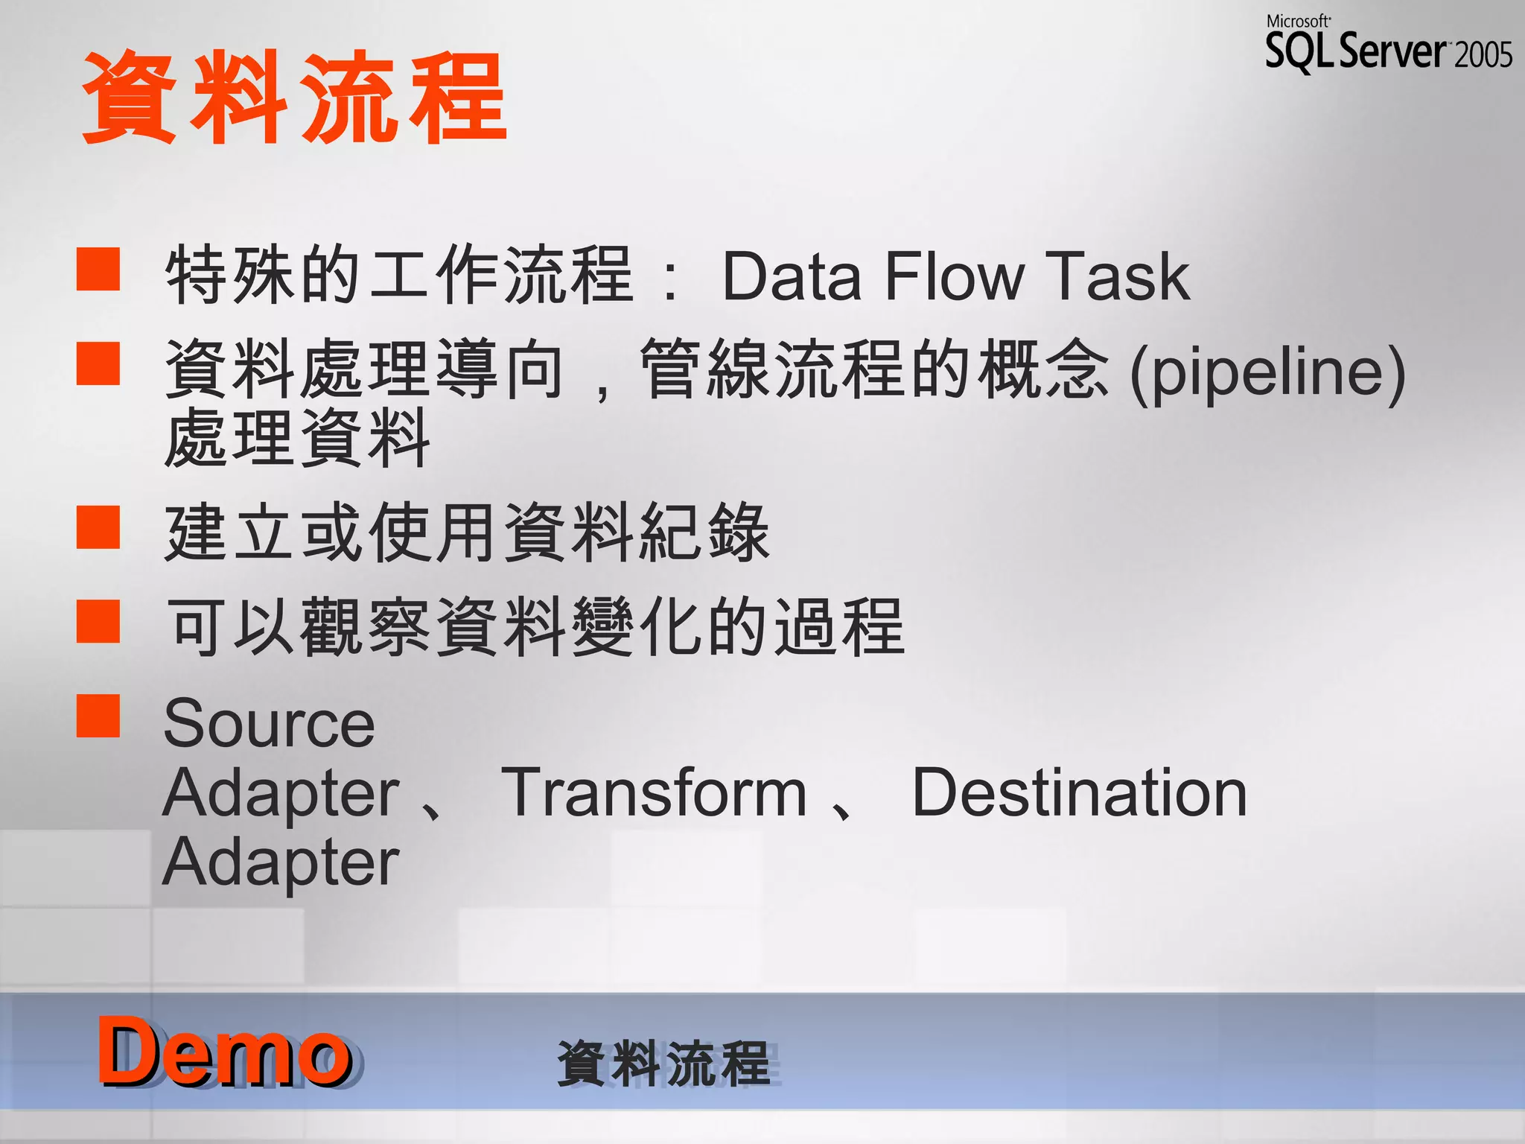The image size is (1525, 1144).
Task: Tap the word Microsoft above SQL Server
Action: [x=1298, y=22]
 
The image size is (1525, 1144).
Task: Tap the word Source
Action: [x=269, y=724]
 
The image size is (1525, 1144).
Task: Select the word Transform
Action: [x=655, y=793]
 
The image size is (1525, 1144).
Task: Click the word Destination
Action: [x=1080, y=793]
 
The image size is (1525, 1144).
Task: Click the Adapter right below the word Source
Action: [x=281, y=793]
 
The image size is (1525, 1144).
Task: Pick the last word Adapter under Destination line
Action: [x=281, y=862]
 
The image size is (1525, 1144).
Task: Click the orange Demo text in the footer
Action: [x=223, y=1052]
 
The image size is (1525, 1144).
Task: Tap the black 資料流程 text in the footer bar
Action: [x=663, y=1064]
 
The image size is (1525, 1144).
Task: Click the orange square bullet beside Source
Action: [x=98, y=716]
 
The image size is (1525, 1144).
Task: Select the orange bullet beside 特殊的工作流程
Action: [x=98, y=269]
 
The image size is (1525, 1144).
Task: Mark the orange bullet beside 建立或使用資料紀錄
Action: [x=98, y=527]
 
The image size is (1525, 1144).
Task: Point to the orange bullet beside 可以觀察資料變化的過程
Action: [x=98, y=621]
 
